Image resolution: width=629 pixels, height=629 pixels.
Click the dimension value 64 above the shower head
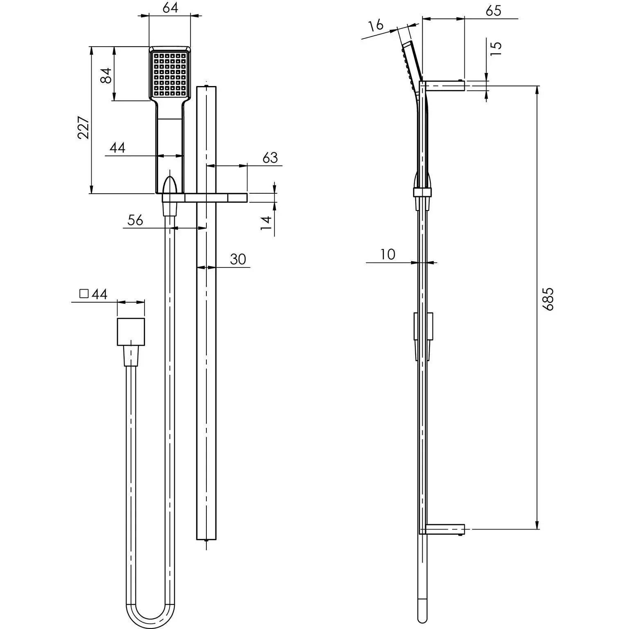click(x=170, y=7)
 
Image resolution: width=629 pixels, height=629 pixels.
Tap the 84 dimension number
click(x=106, y=75)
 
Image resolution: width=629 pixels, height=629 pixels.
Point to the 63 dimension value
click(x=270, y=158)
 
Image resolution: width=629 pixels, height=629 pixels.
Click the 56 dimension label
click(x=135, y=220)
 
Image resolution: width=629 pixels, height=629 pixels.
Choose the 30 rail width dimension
click(x=238, y=259)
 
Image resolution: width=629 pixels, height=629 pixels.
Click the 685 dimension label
click(x=548, y=299)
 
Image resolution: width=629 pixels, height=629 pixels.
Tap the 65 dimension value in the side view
click(x=493, y=11)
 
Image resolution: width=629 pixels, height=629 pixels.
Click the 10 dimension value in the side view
click(x=387, y=254)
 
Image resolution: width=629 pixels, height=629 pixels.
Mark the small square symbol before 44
click(x=84, y=294)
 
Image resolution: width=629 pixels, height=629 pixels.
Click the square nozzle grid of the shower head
click(x=170, y=74)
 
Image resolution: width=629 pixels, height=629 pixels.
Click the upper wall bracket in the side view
click(x=445, y=86)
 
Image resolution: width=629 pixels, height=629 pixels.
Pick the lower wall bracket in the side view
click(x=445, y=529)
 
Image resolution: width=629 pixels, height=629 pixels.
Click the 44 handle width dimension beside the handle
click(x=117, y=148)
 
